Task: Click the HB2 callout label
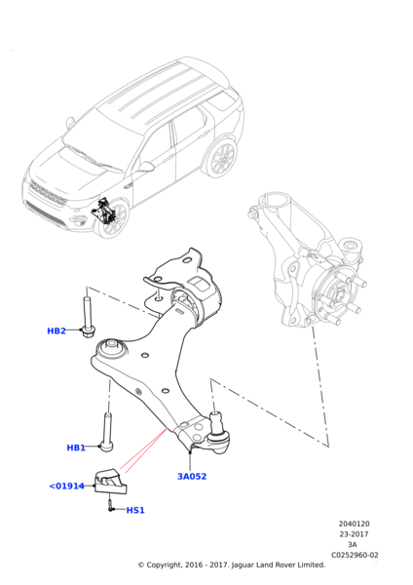56,331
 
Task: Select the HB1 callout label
76,448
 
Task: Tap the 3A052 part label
192,477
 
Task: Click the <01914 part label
67,486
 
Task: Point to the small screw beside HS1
112,507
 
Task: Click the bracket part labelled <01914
111,481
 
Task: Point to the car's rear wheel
223,157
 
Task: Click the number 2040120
354,524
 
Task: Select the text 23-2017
354,534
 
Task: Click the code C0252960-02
354,555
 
